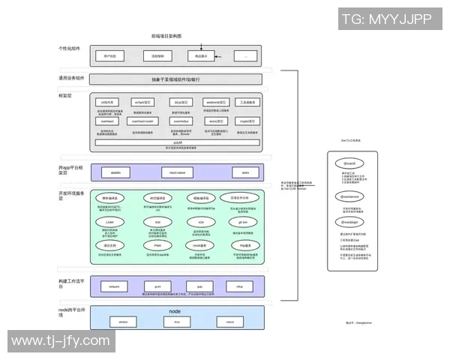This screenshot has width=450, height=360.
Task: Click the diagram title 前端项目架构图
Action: pos(166,36)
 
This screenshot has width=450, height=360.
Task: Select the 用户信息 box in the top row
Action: pos(109,55)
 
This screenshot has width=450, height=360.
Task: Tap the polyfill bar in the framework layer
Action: pos(178,142)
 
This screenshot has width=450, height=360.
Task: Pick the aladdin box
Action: pos(115,172)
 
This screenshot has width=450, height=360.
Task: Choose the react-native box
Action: pos(178,172)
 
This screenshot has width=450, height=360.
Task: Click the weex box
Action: pos(244,172)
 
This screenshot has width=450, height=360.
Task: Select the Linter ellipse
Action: pos(109,223)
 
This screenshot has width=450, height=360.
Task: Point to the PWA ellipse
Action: pos(157,245)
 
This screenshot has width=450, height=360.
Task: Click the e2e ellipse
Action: pos(200,223)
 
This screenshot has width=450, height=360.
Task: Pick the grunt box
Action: pos(157,286)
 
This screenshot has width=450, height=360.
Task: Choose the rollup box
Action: pos(240,286)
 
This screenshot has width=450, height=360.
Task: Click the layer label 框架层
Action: pos(66,95)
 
